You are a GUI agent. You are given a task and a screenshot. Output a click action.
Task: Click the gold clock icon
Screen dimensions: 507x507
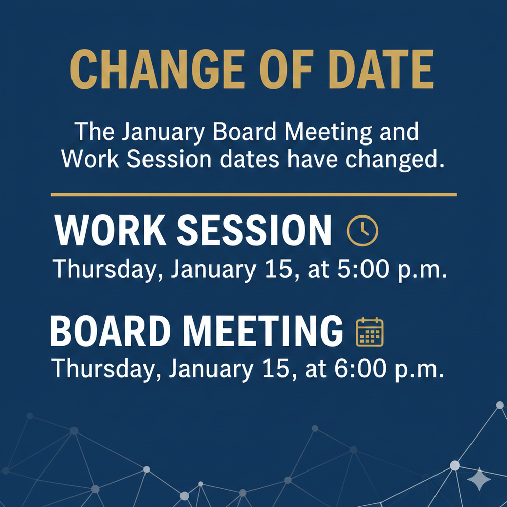point(362,231)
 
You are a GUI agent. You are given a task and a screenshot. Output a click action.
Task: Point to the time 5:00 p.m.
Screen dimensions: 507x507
point(390,268)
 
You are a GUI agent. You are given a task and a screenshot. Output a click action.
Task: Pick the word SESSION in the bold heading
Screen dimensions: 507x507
point(254,231)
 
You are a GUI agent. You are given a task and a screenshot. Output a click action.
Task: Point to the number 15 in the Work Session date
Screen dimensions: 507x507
point(277,268)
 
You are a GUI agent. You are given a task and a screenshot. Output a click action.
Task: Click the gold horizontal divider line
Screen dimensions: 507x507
point(253,194)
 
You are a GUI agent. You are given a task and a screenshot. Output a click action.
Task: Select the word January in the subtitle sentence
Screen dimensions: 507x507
point(160,133)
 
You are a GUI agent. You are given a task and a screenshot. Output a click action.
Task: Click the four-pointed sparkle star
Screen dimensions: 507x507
point(477,479)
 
